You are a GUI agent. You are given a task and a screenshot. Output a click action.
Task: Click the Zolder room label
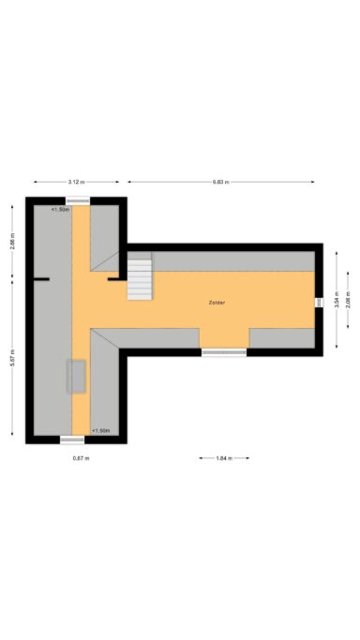click(x=217, y=303)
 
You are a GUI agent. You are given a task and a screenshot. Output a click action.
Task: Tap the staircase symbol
click(x=140, y=277)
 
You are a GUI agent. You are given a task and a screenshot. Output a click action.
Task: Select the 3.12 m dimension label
click(x=77, y=181)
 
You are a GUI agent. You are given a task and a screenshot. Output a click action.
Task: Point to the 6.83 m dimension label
click(x=221, y=181)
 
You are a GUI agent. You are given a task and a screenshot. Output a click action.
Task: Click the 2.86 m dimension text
click(x=12, y=243)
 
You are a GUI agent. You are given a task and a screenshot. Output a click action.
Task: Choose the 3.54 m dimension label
click(x=336, y=302)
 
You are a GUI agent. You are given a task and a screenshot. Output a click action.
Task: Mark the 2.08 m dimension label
click(x=348, y=302)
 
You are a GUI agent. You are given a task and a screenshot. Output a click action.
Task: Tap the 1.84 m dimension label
click(x=224, y=458)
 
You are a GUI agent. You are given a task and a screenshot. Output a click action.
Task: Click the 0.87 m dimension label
click(x=81, y=458)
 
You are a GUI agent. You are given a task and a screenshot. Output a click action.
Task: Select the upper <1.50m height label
click(x=61, y=210)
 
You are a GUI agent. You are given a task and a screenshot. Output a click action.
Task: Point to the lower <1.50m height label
click(x=101, y=430)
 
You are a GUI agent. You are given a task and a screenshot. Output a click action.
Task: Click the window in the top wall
click(x=78, y=201)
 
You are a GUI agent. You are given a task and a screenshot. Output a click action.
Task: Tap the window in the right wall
click(x=320, y=302)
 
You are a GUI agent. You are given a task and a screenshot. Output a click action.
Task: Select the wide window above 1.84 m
click(x=224, y=352)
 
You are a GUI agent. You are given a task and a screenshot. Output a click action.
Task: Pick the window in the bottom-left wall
click(x=72, y=439)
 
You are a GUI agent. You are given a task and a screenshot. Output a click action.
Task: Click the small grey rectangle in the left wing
click(x=75, y=376)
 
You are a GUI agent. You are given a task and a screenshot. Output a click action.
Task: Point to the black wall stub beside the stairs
click(x=114, y=277)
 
